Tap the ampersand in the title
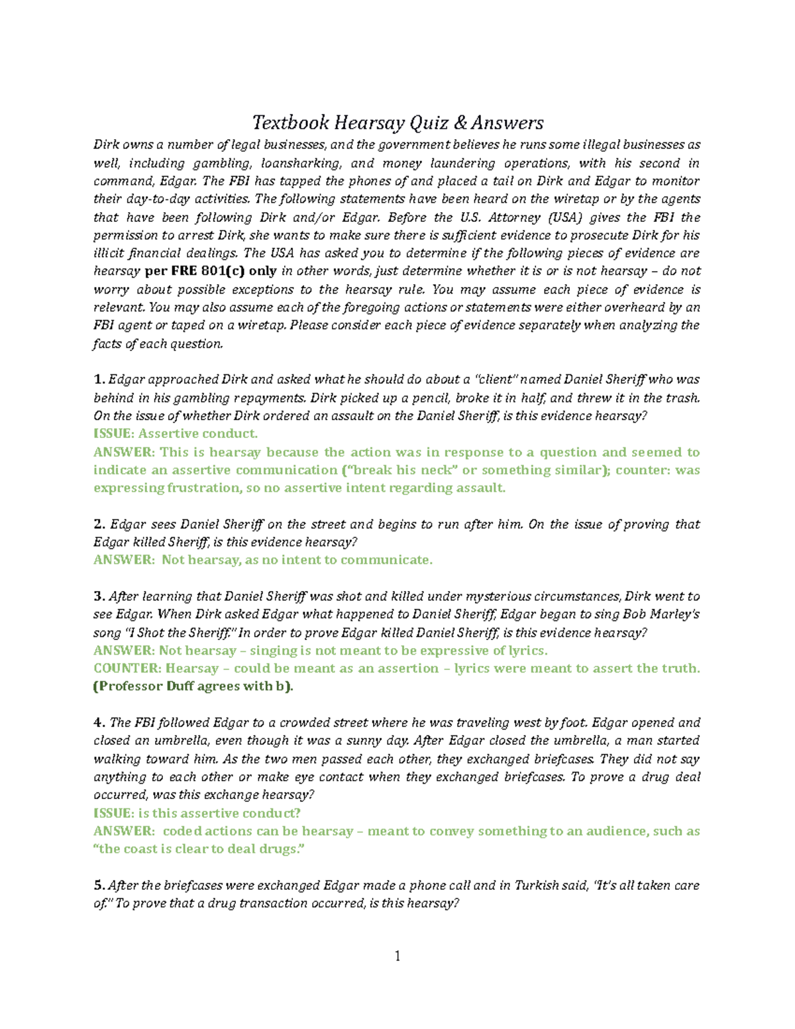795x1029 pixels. (460, 123)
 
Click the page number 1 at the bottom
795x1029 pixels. (397, 955)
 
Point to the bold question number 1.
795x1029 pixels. (99, 380)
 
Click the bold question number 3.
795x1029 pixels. (99, 596)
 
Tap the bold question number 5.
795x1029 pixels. (99, 885)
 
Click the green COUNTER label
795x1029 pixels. (127, 669)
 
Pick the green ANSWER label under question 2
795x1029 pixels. (123, 560)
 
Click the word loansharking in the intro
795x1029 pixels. (301, 163)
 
